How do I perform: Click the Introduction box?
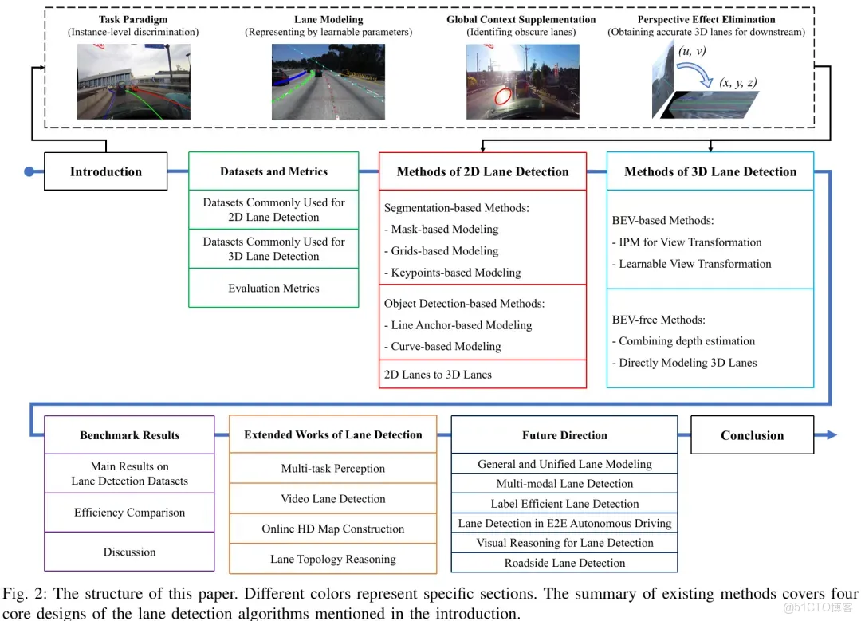tap(106, 171)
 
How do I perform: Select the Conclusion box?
tap(752, 435)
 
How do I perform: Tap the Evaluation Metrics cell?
tap(273, 289)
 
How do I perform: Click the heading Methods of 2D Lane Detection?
tap(482, 171)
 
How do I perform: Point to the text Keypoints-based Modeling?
tap(456, 273)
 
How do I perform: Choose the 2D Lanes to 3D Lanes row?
tap(438, 375)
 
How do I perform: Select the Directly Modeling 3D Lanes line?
tap(684, 363)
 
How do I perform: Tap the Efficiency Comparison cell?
tap(130, 513)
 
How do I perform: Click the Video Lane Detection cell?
tap(333, 499)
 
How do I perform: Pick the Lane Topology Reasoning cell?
tap(333, 559)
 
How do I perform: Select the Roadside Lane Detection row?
tap(564, 563)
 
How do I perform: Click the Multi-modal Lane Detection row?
tap(564, 484)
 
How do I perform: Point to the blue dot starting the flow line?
tap(29, 171)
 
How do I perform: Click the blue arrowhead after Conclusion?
tap(832, 435)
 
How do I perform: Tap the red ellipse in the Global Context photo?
tap(503, 97)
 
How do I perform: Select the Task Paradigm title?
tap(133, 19)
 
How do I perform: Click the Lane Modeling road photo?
tap(328, 81)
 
